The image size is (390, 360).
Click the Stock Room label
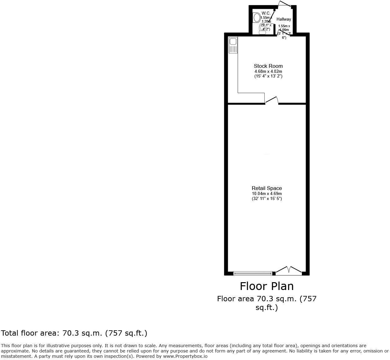pos(268,66)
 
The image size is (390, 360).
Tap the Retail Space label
pos(267,188)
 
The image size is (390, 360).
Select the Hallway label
pos(283,19)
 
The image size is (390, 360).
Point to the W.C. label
pos(266,13)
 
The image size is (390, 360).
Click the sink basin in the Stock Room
pos(233,41)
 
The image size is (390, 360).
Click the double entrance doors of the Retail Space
pos(289,271)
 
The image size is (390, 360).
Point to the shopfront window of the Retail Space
pos(252,273)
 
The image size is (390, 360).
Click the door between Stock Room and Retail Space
pos(272,101)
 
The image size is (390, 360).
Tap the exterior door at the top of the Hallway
pos(285,5)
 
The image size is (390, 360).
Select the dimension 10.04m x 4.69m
pos(267,194)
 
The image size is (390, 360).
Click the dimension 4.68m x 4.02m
pos(268,72)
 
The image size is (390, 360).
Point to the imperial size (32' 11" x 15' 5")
pos(267,199)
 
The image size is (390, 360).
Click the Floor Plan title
pos(267,286)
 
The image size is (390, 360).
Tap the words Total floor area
pos(30,333)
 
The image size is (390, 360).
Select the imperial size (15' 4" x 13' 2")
pos(268,76)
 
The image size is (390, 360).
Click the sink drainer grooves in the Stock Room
pos(233,49)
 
